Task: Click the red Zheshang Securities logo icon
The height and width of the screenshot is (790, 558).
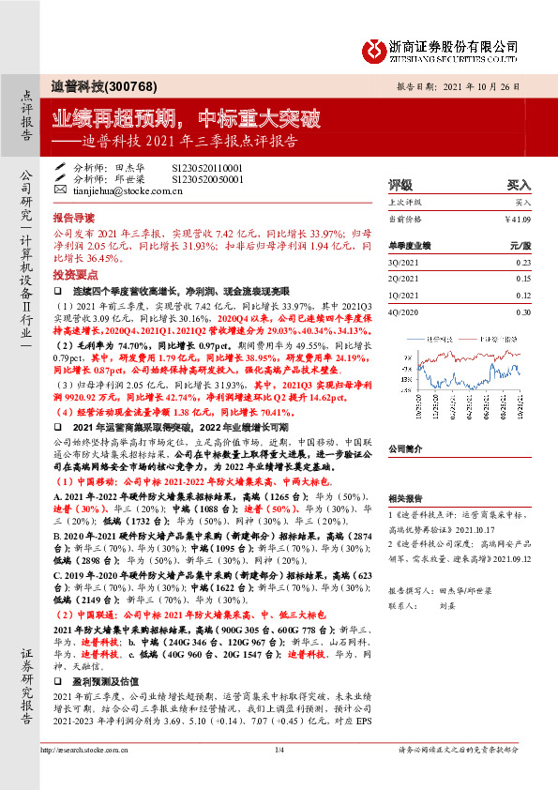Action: [374, 46]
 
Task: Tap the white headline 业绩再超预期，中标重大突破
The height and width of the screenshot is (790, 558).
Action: [186, 119]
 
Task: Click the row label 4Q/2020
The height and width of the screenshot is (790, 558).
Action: [404, 311]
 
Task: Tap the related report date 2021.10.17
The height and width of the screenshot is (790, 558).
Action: [497, 527]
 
